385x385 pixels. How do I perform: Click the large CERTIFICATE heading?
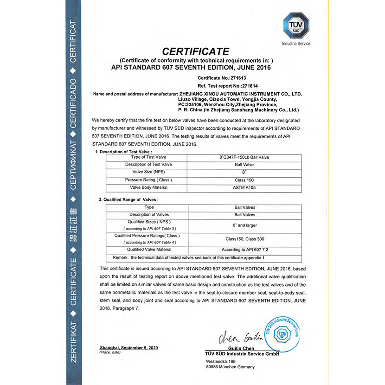point(196,51)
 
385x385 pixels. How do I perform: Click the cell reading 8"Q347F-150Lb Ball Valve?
point(244,157)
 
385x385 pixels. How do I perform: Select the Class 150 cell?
point(244,180)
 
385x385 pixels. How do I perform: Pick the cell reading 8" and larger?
point(244,225)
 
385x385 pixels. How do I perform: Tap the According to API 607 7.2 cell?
point(244,250)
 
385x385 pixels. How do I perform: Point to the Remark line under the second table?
point(189,257)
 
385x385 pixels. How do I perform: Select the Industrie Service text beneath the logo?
point(296,44)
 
